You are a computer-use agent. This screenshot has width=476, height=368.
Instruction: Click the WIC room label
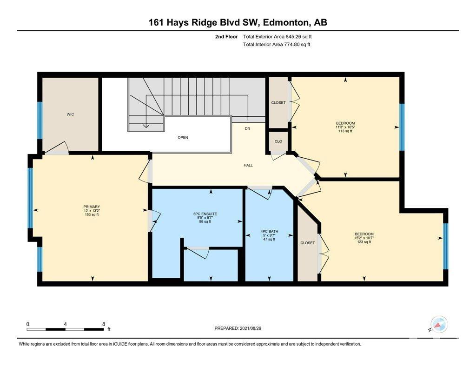click(x=70, y=114)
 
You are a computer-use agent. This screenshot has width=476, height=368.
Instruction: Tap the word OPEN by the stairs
click(x=183, y=137)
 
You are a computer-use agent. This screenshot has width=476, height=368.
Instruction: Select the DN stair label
click(x=247, y=128)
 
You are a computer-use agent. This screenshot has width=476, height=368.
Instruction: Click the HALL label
click(x=248, y=165)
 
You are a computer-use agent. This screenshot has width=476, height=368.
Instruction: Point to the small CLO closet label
click(x=278, y=141)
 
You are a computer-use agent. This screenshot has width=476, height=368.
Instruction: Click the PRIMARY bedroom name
click(x=92, y=207)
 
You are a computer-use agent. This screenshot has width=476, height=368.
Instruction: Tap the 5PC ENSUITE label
click(x=205, y=214)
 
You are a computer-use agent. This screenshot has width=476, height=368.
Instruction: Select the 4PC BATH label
click(x=269, y=232)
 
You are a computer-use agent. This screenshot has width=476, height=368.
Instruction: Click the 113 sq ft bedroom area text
click(x=345, y=131)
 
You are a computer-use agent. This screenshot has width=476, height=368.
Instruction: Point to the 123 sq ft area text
click(x=364, y=242)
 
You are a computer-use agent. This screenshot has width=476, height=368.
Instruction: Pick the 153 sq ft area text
click(x=92, y=214)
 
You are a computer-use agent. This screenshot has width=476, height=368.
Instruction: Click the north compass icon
click(x=439, y=324)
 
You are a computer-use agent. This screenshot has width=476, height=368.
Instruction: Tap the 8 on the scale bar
click(x=104, y=324)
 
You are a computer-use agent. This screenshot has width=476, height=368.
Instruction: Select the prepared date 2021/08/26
click(x=251, y=328)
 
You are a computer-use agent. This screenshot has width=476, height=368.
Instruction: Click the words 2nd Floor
click(x=226, y=37)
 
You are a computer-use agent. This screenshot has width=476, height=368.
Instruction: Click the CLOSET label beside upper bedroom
click(x=278, y=103)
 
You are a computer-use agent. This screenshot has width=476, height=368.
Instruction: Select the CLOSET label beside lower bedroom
click(x=308, y=243)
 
